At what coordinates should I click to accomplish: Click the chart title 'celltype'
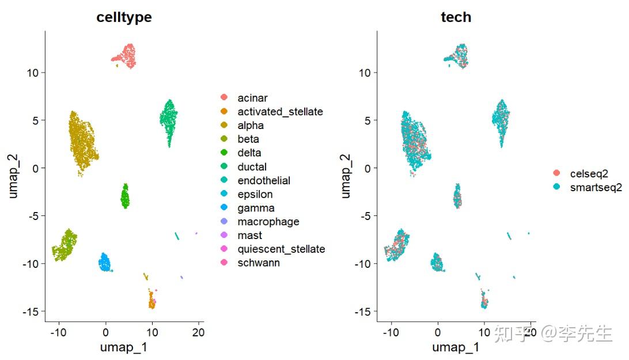(x=124, y=17)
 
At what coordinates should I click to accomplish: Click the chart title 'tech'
(x=456, y=17)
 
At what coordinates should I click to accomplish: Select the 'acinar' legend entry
(x=252, y=98)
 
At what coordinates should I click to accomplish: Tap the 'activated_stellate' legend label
(x=280, y=112)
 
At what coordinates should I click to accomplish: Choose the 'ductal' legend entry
(x=252, y=167)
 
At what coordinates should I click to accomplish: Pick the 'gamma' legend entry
(x=256, y=208)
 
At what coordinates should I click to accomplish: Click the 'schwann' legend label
(x=259, y=263)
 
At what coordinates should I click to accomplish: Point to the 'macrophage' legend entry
(x=268, y=222)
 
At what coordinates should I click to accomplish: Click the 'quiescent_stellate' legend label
(x=281, y=249)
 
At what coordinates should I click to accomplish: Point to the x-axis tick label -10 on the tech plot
(x=391, y=332)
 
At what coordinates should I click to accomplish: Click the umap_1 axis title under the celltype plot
(x=124, y=347)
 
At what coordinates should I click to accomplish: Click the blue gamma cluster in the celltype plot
(x=105, y=263)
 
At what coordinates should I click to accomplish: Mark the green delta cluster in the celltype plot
(x=125, y=196)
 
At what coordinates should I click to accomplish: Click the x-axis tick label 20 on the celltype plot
(x=198, y=332)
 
